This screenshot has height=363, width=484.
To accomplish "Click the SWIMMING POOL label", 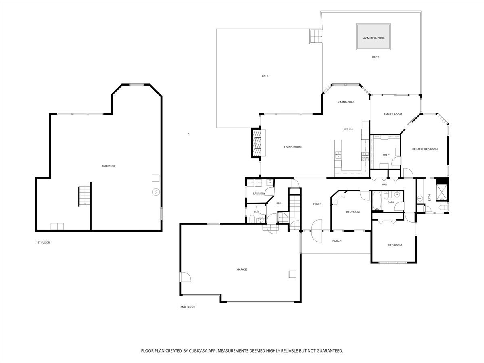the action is [x=373, y=38].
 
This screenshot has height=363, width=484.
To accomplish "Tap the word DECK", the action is [x=376, y=57].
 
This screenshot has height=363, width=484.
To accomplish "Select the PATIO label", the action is [x=265, y=76].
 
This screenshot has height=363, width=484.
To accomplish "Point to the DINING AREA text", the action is [x=346, y=102].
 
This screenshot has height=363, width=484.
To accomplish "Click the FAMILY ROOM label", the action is [x=393, y=115].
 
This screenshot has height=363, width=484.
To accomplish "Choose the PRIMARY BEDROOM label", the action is [x=425, y=149].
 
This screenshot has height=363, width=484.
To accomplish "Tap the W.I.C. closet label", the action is [x=386, y=155].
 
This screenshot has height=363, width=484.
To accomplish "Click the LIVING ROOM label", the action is [x=293, y=147].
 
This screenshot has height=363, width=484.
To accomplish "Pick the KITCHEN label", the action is [x=348, y=129].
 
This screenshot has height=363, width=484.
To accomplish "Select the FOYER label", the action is [x=317, y=204].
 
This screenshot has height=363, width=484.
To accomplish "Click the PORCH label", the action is [x=337, y=241].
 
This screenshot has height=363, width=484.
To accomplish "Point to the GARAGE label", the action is [x=242, y=269].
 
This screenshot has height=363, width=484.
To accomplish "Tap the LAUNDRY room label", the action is [x=259, y=194].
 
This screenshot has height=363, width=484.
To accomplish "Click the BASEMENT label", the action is [x=108, y=165].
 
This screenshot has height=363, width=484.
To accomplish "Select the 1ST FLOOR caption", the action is [x=43, y=242].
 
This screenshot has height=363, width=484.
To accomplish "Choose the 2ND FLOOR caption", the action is [x=188, y=307].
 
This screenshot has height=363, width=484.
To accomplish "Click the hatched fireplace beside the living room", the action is [x=256, y=143].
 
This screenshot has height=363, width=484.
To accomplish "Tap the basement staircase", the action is [x=85, y=196].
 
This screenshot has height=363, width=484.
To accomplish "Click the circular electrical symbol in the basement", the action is [x=156, y=192].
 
